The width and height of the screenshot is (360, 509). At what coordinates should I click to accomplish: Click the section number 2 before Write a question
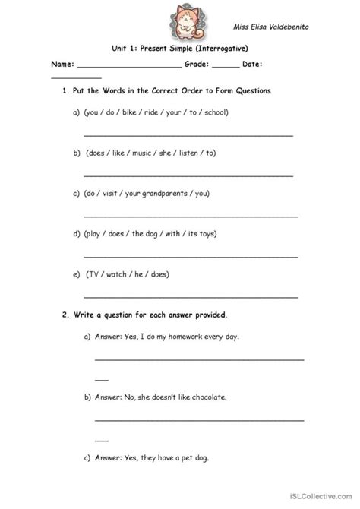click(x=63, y=314)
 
